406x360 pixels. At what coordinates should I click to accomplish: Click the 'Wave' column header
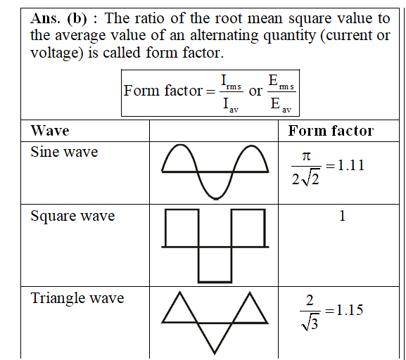(x=50, y=131)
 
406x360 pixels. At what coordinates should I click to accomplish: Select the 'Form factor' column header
(x=331, y=131)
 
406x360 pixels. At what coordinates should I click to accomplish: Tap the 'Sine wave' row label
(x=64, y=152)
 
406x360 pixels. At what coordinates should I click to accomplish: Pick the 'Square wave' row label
(x=72, y=216)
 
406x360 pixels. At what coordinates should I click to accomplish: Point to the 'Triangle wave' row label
(x=77, y=298)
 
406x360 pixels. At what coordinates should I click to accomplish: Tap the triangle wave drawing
(x=198, y=323)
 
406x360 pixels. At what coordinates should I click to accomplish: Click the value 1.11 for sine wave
(x=351, y=165)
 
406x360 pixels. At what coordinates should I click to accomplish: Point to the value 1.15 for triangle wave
(x=350, y=310)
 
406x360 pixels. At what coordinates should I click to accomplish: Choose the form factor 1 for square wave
(x=342, y=216)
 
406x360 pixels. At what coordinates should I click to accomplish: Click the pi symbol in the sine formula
(x=306, y=157)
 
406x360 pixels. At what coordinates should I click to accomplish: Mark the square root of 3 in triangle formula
(x=310, y=323)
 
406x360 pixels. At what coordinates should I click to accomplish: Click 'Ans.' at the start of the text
(x=45, y=18)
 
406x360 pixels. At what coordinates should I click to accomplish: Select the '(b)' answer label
(x=77, y=19)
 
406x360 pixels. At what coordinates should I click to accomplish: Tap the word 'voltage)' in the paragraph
(x=57, y=53)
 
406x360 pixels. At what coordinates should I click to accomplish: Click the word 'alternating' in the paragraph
(x=224, y=35)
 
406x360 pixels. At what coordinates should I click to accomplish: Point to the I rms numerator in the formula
(x=231, y=82)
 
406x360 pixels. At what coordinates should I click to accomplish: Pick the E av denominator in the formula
(x=281, y=105)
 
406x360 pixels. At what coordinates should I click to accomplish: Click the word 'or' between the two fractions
(x=255, y=91)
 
